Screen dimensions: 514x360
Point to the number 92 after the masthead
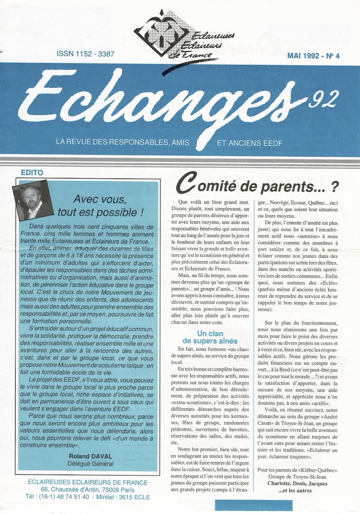pyautogui.click(x=322, y=97)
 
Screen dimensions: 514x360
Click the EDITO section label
pyautogui.click(x=32, y=173)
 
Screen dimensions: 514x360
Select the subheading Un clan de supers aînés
pyautogui.click(x=210, y=337)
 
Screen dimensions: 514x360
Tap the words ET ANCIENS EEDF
pyautogui.click(x=250, y=143)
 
